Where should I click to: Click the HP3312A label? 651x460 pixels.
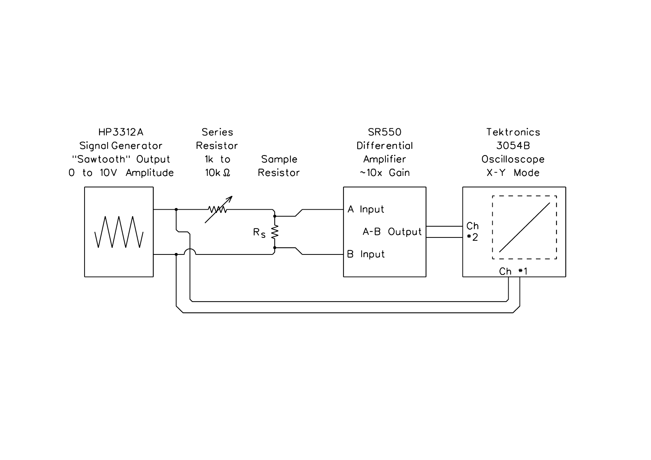[x=121, y=132]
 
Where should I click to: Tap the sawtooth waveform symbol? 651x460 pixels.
[x=119, y=232]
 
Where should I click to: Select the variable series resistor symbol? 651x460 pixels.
[x=218, y=210]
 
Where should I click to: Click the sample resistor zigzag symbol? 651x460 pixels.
[x=274, y=232]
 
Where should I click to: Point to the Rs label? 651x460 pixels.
[x=259, y=233]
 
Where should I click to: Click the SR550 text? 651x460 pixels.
[x=385, y=132]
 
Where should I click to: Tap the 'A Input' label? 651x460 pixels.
[x=366, y=210]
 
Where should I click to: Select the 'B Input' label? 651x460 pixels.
[x=366, y=254]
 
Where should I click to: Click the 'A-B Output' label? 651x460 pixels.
[x=392, y=232]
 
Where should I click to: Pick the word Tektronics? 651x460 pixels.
[x=513, y=132]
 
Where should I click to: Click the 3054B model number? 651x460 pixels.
[x=513, y=146]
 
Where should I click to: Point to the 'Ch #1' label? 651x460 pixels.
[x=513, y=272]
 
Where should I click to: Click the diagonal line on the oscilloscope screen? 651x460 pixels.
[x=525, y=227]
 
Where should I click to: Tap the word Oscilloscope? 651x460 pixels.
[x=513, y=160]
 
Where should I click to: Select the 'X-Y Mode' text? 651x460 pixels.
[x=513, y=173]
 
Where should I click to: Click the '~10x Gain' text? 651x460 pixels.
[x=385, y=173]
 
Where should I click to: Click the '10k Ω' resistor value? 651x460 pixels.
[x=218, y=173]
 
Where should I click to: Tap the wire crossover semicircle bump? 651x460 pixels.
[x=190, y=251]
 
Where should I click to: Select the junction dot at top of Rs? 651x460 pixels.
[x=274, y=216]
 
